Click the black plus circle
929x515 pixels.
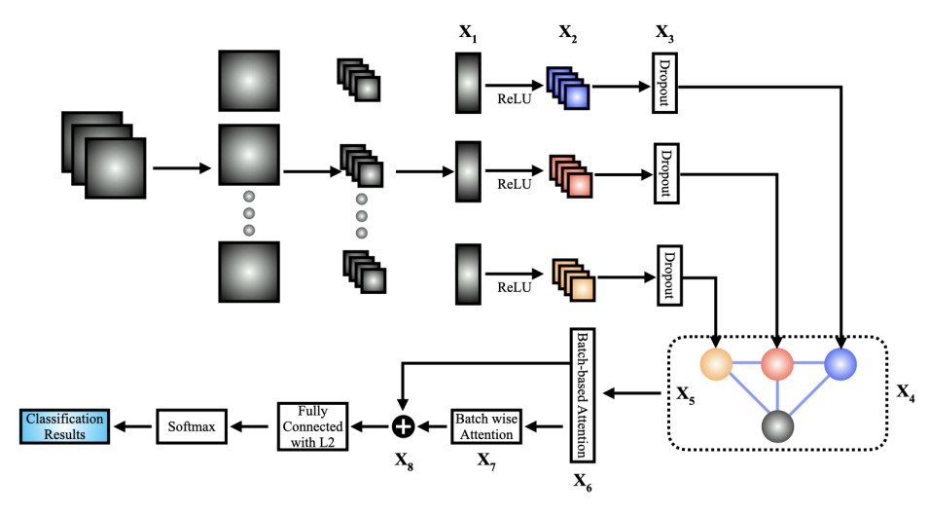click(404, 425)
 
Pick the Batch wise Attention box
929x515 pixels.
click(488, 424)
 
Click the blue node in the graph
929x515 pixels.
click(840, 363)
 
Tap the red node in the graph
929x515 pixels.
click(777, 363)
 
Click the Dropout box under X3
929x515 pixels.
click(664, 86)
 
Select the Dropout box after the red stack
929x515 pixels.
click(665, 175)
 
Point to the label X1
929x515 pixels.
click(468, 33)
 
